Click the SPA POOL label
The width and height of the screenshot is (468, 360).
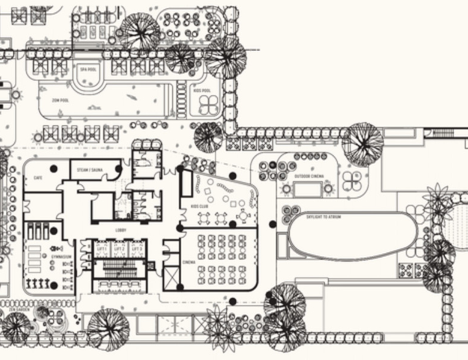click(88, 70)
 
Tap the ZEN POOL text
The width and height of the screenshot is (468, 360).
click(60, 100)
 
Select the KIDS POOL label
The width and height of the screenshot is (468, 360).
click(202, 91)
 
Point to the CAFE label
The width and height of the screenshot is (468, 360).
click(38, 178)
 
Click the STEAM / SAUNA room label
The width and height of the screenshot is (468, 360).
click(90, 170)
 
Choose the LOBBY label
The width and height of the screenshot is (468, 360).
click(121, 230)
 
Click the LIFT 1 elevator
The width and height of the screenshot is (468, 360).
click(99, 249)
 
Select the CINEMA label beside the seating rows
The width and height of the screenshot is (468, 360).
click(188, 263)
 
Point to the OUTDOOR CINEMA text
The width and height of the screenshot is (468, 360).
click(309, 176)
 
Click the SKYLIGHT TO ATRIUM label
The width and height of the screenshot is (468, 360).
click(323, 217)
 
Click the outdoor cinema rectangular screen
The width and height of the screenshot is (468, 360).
click(308, 190)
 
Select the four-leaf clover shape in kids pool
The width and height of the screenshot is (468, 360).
click(209, 106)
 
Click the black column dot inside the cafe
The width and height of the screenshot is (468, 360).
click(53, 169)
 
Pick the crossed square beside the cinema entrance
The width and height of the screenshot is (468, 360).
click(172, 278)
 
